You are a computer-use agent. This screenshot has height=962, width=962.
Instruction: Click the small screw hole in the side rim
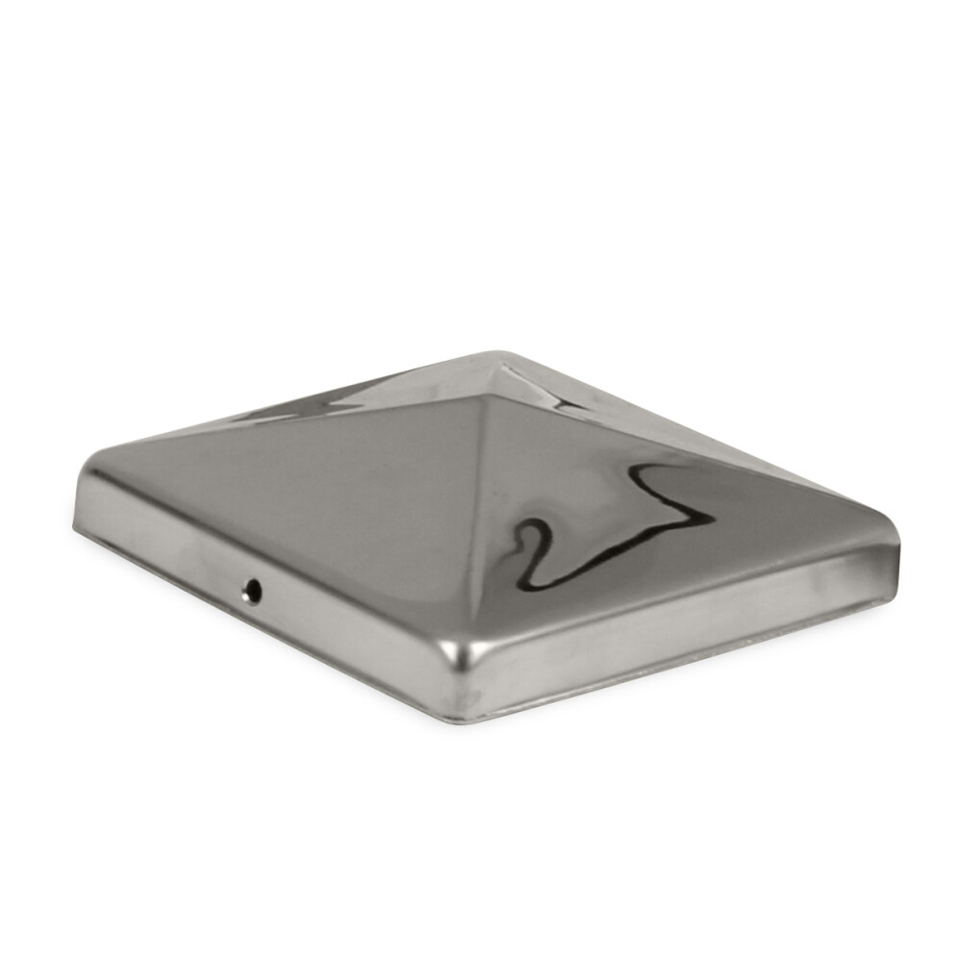pos(253,590)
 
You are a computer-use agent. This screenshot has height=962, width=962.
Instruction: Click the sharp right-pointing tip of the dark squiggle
pos(713,520)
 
